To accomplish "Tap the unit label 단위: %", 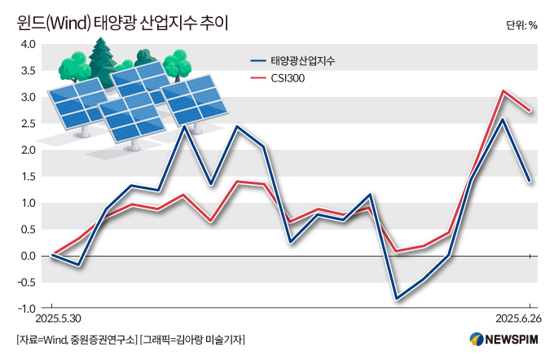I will (x=521, y=24).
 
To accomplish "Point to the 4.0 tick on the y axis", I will (x=28, y=44).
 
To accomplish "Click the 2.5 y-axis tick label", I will (x=28, y=124).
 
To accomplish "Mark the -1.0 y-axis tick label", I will (x=26, y=309).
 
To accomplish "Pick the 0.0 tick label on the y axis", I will (x=28, y=256).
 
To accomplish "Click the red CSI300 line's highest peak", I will (x=503, y=91).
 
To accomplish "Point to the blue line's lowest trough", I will (x=397, y=299).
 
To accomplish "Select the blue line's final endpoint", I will (x=530, y=181).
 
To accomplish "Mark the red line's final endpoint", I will (x=530, y=111).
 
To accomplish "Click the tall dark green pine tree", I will (x=103, y=57).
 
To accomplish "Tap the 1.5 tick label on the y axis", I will (x=28, y=177).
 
